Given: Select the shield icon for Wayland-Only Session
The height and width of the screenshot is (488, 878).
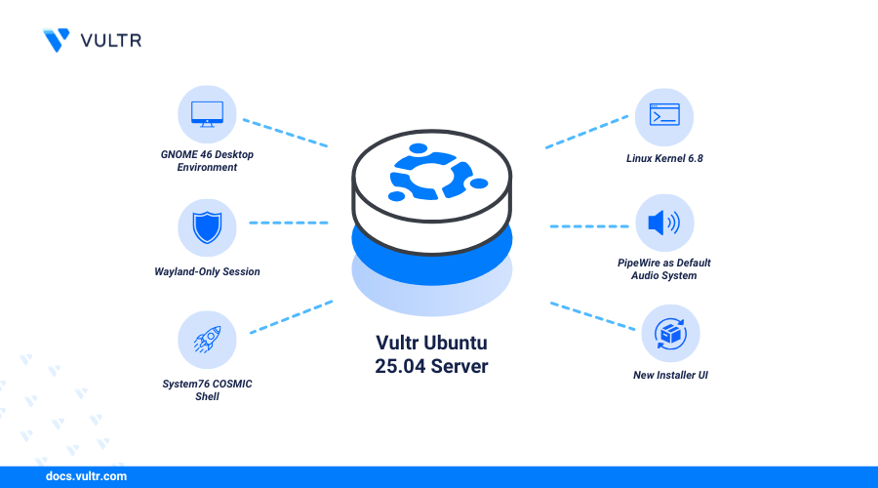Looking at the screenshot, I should coord(207,228).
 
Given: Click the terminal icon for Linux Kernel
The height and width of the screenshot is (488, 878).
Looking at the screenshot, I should coord(664,116).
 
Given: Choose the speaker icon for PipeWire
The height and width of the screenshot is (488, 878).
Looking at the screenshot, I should coord(664,224).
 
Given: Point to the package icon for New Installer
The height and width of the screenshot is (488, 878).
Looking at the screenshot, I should coord(669,333).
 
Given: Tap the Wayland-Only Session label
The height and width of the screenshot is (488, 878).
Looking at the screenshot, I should coord(207,271).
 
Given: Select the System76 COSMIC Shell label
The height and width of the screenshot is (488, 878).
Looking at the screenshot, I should coord(207,390).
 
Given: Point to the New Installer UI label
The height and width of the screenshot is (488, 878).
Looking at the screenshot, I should coord(669,374).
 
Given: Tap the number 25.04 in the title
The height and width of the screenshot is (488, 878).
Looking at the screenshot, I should coord(407,366).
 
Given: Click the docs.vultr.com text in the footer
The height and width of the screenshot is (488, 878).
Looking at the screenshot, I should coord(86,477).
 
